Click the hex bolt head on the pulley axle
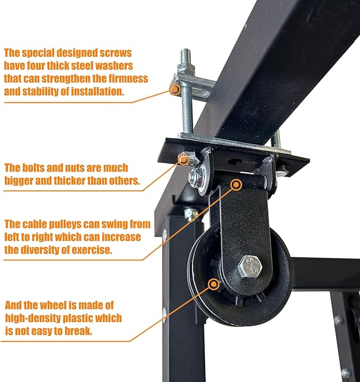click(x=250, y=265)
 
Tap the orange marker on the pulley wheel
click(x=214, y=284)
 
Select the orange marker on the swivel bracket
click(x=236, y=185)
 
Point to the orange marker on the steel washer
click(x=175, y=90)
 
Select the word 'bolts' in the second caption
click(x=33, y=168)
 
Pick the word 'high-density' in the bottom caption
click(x=33, y=318)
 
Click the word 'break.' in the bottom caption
click(x=78, y=331)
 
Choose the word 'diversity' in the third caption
click(x=40, y=251)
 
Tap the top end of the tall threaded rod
click(x=186, y=50)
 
